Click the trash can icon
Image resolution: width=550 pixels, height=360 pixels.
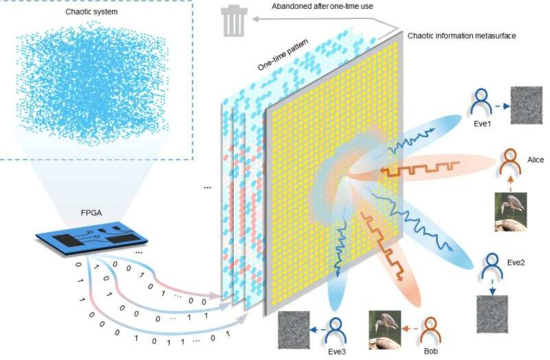tap(234, 21)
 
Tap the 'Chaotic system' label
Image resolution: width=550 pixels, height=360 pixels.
tap(91, 12)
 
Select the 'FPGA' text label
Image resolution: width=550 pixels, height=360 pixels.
tap(91, 213)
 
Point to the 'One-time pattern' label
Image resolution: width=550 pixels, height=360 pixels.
tap(283, 54)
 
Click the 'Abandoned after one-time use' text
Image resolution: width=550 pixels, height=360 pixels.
tap(322, 6)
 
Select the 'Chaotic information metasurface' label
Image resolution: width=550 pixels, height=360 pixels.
tap(461, 36)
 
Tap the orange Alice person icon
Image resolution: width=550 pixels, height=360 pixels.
tap(510, 162)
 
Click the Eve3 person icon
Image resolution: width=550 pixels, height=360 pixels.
tap(335, 330)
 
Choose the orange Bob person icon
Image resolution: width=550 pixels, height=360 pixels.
tap(430, 330)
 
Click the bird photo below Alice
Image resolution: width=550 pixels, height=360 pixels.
tap(511, 212)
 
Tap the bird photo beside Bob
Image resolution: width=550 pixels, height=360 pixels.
tap(385, 330)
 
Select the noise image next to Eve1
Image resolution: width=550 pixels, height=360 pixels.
tap(527, 105)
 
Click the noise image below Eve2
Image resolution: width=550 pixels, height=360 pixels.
tap(492, 314)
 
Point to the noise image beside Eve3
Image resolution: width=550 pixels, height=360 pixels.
tap(294, 330)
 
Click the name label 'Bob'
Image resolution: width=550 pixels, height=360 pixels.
tap(431, 351)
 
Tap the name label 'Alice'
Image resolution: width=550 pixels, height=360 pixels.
tap(536, 160)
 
